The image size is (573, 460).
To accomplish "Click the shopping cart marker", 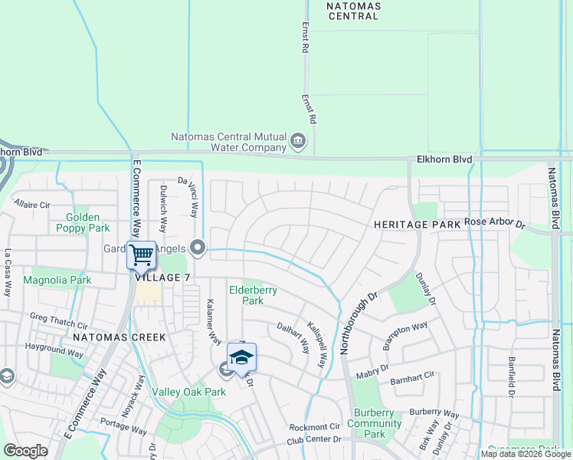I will pos(142,255).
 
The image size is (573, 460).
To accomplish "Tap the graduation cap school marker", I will pos(241,357).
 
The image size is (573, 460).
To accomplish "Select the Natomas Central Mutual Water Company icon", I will pos(298,140).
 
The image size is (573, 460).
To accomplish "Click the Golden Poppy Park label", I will pos(82,222).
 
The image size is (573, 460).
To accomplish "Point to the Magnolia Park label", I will pos(57,281).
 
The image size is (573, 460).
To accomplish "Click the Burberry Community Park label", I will pos(374,423).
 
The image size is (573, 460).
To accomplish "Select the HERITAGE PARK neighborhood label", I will pos(417,224).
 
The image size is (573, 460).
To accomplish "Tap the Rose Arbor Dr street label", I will pos(494,224).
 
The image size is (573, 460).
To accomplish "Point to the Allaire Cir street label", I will pos(31,205).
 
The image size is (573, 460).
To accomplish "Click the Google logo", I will pos(26,451).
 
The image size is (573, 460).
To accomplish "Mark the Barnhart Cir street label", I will pos(412,376).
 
